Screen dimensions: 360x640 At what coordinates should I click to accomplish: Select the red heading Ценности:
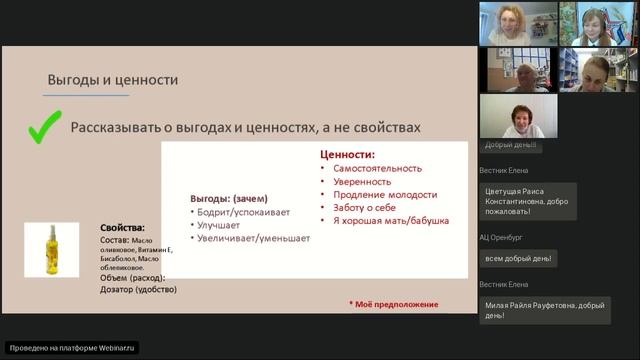point(347,156)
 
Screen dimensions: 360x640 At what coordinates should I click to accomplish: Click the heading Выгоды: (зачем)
point(228,199)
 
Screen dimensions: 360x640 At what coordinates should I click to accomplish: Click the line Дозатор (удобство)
point(139,290)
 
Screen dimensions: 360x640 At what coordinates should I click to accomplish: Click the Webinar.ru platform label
point(71,348)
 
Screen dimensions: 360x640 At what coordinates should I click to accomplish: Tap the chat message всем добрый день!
point(520,258)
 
